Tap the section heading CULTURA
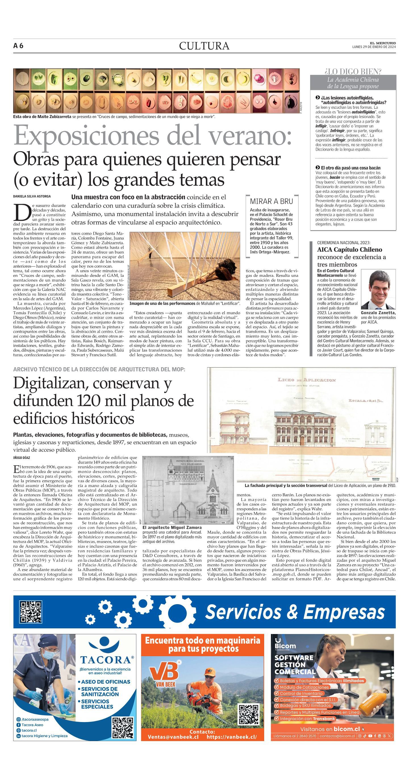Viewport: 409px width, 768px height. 204,46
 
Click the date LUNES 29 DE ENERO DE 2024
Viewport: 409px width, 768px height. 374,47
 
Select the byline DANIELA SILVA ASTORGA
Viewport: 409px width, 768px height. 32,196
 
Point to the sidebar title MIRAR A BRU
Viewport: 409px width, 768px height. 271,201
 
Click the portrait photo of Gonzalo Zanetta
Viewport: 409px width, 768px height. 378,289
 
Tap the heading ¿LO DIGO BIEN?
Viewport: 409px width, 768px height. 353,71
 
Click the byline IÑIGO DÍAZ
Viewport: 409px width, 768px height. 22,458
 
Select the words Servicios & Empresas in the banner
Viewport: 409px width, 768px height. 295,612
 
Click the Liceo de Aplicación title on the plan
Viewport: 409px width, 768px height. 307,380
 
